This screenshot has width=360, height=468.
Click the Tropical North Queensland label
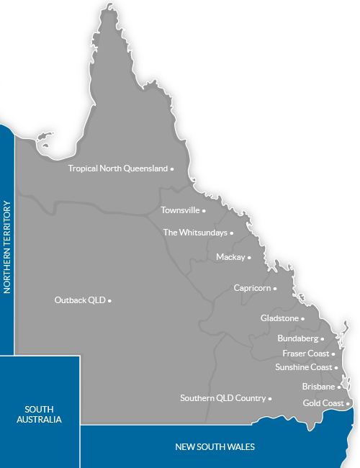coord(117,168)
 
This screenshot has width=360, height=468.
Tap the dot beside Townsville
coord(204,211)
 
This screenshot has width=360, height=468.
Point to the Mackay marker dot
coord(249,257)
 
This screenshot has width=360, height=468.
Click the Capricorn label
coord(252,288)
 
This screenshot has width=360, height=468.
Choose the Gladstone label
coord(279,318)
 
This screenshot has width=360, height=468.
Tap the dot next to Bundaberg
coord(323,338)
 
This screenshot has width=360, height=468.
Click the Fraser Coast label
coord(305,354)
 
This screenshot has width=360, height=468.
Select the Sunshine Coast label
coord(303,367)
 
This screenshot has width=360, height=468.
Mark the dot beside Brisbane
coord(339,387)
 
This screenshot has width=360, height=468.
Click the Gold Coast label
coord(323,403)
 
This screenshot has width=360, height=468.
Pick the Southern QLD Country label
coord(222,397)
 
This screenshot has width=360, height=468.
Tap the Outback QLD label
coord(80,300)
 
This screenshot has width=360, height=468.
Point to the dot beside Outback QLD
coord(109,300)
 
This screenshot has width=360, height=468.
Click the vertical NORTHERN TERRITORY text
coord(8,247)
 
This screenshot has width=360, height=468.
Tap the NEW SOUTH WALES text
coord(215,446)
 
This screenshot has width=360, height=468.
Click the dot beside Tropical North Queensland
coord(172,168)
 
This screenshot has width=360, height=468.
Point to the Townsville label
coord(179,211)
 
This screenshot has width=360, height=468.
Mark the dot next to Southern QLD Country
coord(270,398)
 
